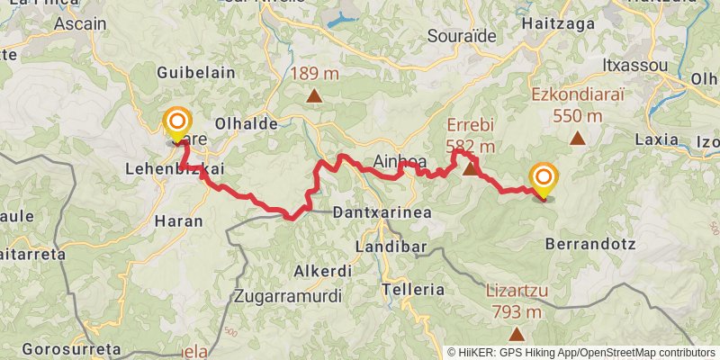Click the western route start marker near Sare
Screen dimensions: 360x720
pos(177,123)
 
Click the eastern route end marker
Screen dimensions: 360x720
pos(544,179)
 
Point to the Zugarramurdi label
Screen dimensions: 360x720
pos(287,294)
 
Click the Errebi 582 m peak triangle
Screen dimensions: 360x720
pos(469,167)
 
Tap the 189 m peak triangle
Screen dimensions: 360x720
pos(314,95)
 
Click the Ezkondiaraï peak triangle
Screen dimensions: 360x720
pos(578,139)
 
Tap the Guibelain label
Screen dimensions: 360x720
pos(195,72)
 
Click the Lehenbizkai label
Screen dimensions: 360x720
pos(175,168)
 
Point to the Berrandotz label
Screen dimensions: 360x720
pos(591,244)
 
